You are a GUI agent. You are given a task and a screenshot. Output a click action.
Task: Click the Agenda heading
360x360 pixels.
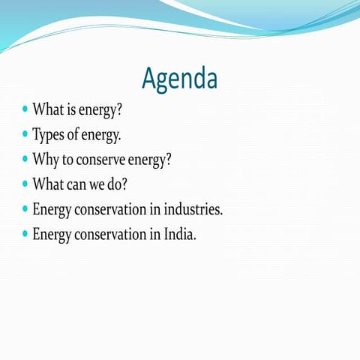(x=180, y=78)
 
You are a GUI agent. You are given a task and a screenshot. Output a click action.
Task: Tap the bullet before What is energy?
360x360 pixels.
(x=25, y=110)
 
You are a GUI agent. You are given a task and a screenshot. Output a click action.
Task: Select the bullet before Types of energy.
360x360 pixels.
(x=25, y=135)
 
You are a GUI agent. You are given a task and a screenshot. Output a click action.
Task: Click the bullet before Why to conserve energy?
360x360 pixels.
(x=25, y=159)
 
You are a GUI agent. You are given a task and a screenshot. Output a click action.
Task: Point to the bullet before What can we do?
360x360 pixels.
(x=25, y=184)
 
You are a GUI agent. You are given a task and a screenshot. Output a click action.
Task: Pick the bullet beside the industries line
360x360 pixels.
(x=25, y=208)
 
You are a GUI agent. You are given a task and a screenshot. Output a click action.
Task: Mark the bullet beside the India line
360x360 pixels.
(x=25, y=233)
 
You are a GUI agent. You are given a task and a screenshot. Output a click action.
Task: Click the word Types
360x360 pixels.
(x=47, y=136)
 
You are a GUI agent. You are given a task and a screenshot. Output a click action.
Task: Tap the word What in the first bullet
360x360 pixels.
(x=47, y=111)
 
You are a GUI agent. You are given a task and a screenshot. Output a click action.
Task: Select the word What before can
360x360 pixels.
(x=47, y=184)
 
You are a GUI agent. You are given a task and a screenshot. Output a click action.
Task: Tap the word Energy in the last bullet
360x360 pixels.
(x=52, y=235)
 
